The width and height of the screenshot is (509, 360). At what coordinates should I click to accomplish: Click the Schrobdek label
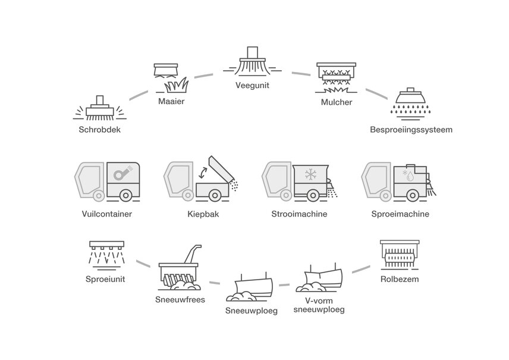pos(99,129)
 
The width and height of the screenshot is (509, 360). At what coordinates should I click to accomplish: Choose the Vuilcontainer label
pos(108,214)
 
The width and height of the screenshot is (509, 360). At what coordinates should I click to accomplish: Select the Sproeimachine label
pos(400,214)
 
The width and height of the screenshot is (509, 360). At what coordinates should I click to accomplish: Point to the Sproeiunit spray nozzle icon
pos(106,253)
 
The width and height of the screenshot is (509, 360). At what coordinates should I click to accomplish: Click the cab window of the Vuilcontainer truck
pos(87,177)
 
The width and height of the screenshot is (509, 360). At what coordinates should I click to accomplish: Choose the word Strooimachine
pos(299,214)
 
